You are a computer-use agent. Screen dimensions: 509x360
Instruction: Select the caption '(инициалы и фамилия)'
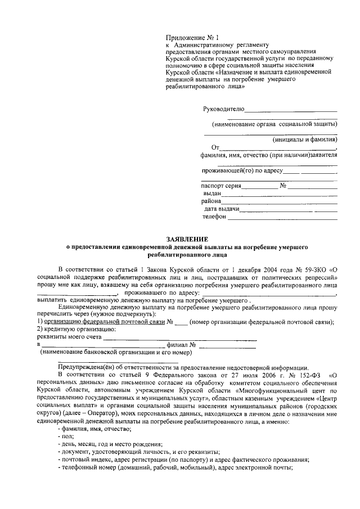point(304,139)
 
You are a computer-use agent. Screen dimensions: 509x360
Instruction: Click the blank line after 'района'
point(280,201)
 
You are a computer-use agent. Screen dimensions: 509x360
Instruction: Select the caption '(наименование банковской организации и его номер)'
point(112,353)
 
